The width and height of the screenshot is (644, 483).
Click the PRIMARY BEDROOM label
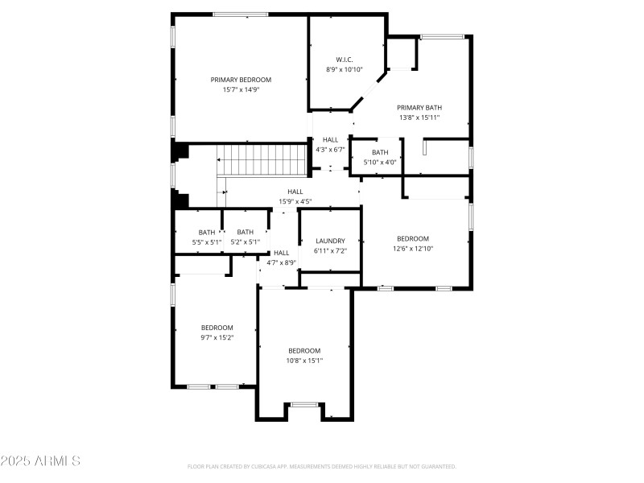(241, 80)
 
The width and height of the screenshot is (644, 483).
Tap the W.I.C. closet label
(345, 60)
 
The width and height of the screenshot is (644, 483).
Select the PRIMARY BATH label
(419, 107)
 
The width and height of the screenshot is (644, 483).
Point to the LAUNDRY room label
(330, 241)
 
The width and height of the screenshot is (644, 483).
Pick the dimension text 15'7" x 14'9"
(241, 89)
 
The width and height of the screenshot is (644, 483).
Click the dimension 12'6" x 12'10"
(412, 249)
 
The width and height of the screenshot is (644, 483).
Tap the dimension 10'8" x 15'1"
(304, 361)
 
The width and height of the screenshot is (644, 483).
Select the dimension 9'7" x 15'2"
(217, 337)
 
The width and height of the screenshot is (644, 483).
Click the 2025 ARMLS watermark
(40, 461)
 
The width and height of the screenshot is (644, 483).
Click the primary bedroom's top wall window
(241, 14)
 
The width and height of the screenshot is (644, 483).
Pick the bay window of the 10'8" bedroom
(303, 404)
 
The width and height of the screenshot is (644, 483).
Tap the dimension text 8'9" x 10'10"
(345, 70)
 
